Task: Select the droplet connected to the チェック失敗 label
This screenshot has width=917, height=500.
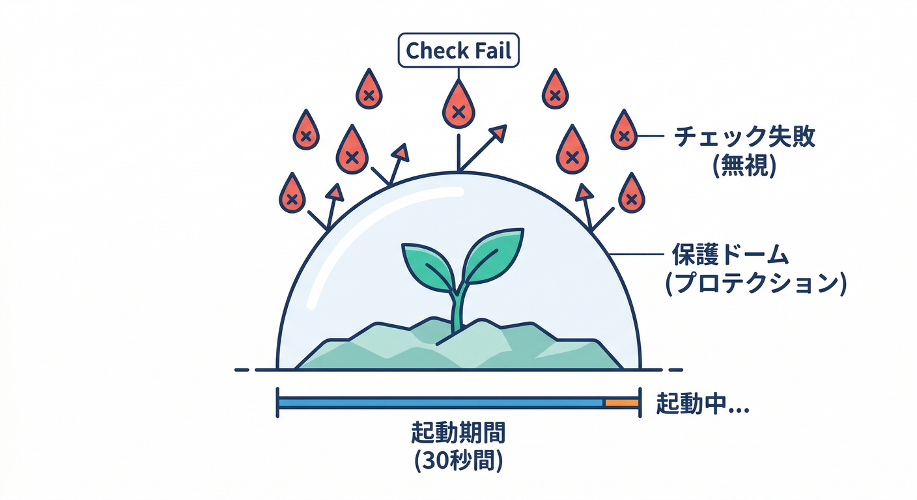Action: coord(624,132)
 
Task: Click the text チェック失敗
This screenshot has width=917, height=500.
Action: coord(744,137)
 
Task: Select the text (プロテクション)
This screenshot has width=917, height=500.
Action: coord(755,285)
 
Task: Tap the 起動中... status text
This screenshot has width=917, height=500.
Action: coord(701,404)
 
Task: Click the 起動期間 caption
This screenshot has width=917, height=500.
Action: coord(458,432)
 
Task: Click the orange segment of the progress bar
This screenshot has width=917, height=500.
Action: coord(621,403)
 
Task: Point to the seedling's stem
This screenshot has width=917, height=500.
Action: coord(458,309)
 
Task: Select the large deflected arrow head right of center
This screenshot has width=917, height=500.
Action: coord(498,133)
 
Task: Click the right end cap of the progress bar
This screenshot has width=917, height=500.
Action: coord(641,403)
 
